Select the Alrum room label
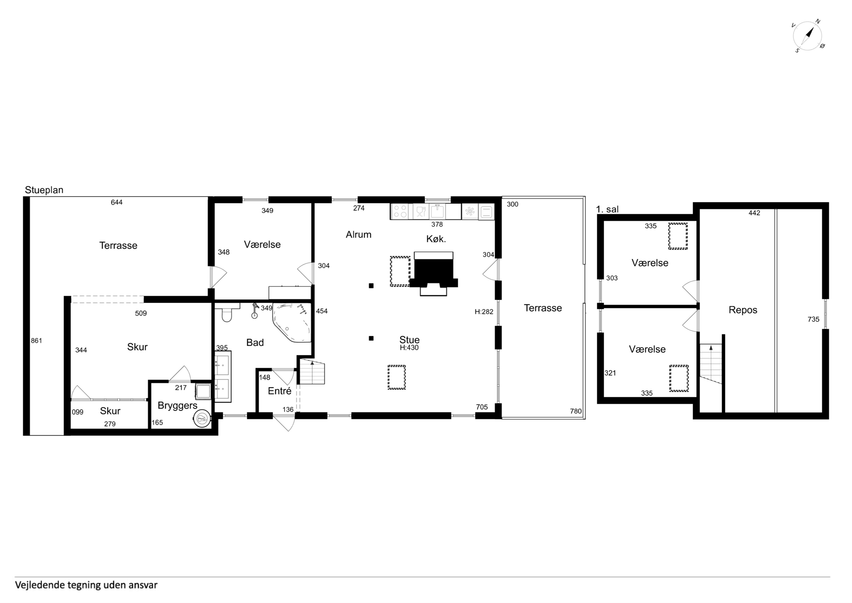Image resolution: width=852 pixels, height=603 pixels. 359,235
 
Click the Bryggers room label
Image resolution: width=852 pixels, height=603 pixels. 177,406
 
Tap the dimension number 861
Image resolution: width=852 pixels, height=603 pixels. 36,340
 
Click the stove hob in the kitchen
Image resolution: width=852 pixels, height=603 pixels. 400,211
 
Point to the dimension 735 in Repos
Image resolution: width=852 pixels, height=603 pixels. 813,319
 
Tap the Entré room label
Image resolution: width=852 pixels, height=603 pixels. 279,391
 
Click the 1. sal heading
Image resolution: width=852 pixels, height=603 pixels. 607,209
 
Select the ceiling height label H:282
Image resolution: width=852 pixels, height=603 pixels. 484,312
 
